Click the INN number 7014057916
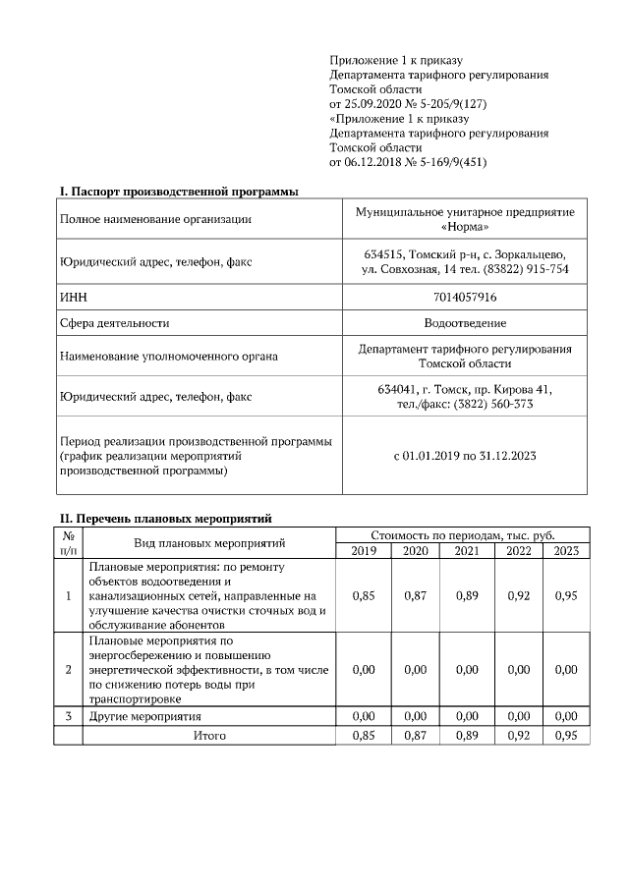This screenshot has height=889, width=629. (x=465, y=296)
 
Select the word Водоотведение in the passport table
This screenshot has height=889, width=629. (x=465, y=322)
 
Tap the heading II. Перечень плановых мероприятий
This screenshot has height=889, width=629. (x=166, y=518)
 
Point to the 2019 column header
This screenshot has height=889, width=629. (x=364, y=550)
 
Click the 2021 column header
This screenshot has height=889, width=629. (x=467, y=550)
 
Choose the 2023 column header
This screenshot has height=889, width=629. (x=566, y=550)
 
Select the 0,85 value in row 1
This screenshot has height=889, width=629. (x=364, y=595)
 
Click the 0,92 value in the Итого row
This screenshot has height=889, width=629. (x=519, y=735)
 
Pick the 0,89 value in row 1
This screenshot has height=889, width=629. (x=467, y=595)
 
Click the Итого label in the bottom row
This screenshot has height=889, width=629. (x=209, y=735)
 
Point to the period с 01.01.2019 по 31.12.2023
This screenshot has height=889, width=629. (x=465, y=456)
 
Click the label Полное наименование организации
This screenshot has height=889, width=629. (x=155, y=219)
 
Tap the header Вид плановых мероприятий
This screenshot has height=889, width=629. (x=209, y=542)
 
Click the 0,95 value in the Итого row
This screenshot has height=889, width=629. (x=566, y=735)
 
